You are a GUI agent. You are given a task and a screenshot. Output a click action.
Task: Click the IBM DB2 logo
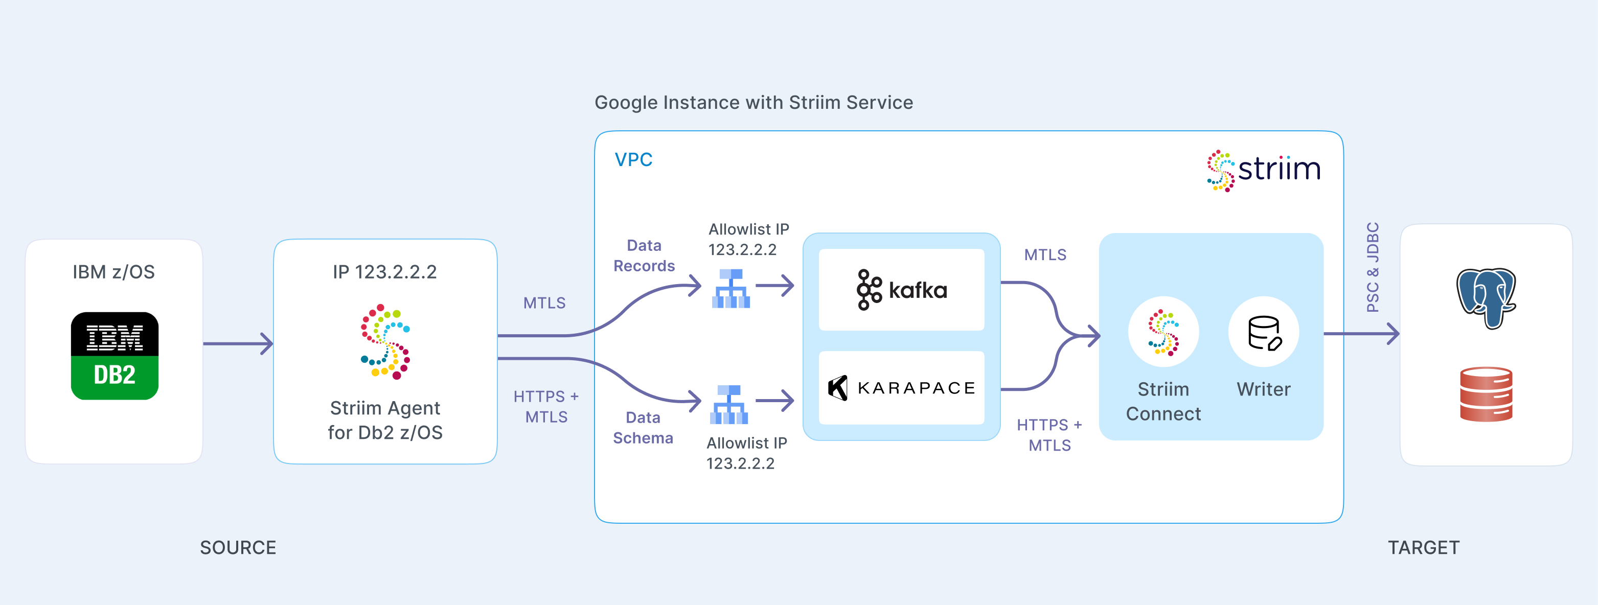pos(115,356)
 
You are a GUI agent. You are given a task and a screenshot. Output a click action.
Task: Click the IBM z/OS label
pos(113,272)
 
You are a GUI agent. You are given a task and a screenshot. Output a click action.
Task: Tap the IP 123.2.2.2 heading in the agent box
pos(384,272)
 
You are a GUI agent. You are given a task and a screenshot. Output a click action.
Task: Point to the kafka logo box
pos(901,290)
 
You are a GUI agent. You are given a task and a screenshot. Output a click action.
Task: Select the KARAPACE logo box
pos(901,388)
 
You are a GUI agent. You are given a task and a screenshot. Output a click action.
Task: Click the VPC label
pos(633,159)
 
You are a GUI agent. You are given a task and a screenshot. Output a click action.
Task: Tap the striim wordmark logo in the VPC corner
pos(1264,170)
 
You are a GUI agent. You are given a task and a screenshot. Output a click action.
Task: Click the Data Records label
pos(644,255)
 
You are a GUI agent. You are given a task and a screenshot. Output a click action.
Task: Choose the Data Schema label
pos(643,428)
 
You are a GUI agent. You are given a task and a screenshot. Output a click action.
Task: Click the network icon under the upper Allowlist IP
pos(731,288)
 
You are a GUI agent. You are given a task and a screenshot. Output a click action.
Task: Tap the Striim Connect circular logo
pos(1163,332)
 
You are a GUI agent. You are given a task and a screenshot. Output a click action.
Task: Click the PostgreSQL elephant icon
pos(1487,297)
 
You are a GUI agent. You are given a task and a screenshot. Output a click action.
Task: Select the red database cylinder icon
pos(1487,394)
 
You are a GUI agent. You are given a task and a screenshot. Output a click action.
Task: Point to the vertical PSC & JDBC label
pos(1373,267)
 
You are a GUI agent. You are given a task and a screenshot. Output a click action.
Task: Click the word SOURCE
pos(238,547)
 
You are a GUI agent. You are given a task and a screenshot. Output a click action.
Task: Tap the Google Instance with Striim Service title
pos(754,102)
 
